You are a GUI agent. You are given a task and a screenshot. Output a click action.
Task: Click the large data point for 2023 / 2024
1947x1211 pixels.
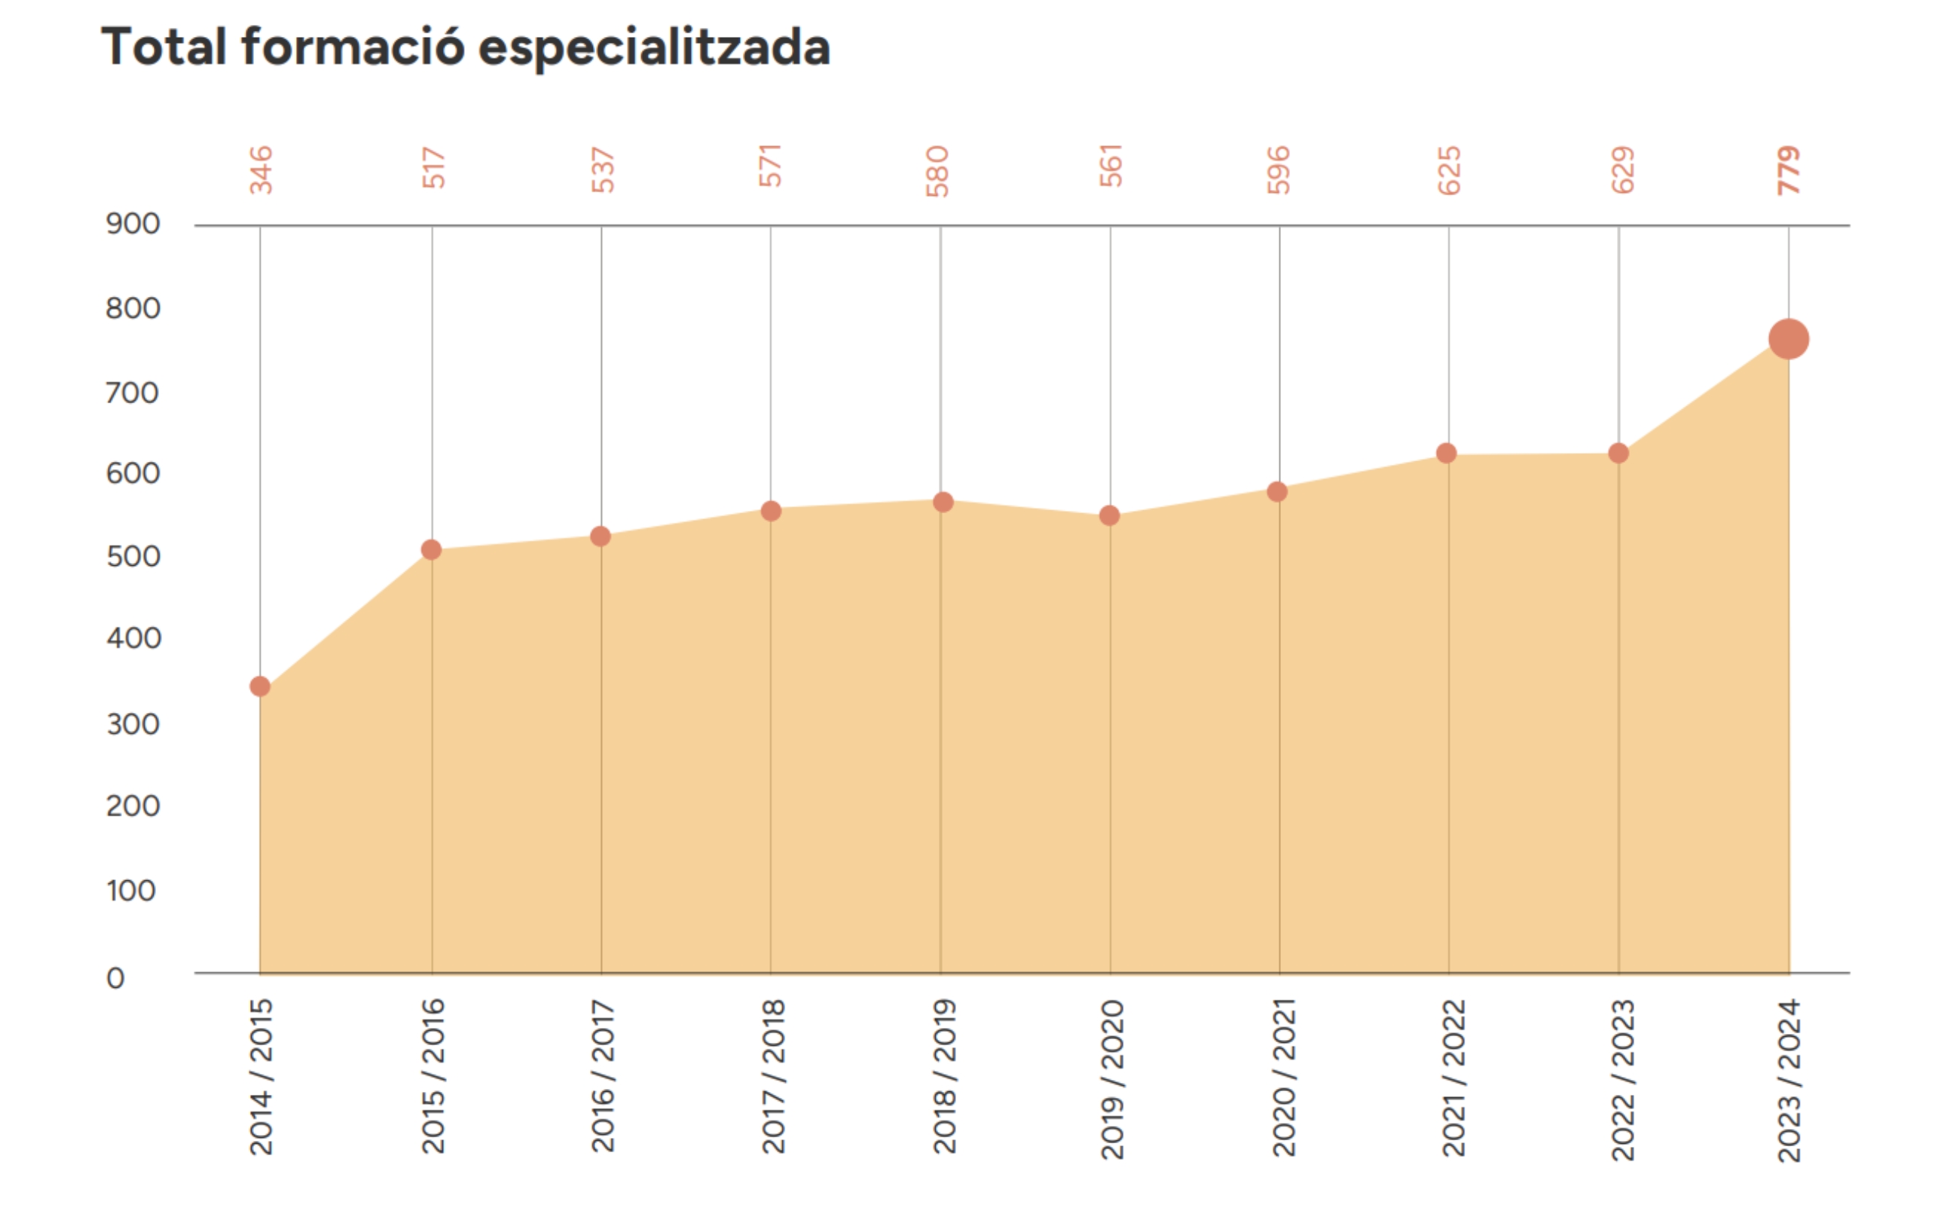[1789, 339]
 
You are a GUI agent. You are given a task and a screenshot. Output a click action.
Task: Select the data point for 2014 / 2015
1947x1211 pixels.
[259, 687]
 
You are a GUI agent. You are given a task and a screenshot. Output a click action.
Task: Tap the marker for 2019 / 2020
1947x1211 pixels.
[1109, 515]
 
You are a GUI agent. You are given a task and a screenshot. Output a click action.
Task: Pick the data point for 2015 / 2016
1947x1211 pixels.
[431, 549]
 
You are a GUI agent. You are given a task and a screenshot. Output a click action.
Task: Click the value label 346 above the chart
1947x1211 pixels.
[261, 170]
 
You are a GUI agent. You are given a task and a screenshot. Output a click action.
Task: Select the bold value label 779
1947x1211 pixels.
[1788, 170]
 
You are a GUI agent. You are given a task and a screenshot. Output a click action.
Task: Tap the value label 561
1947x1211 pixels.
[1111, 166]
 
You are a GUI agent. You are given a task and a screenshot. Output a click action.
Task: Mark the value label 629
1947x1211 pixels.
[1622, 170]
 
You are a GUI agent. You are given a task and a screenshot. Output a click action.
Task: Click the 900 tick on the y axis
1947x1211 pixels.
[133, 224]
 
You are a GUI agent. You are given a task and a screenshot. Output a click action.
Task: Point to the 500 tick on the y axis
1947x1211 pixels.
[133, 557]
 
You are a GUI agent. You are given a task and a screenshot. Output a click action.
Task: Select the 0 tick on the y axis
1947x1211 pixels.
[116, 978]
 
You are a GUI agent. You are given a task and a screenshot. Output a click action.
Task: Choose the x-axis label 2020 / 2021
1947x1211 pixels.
[1282, 1078]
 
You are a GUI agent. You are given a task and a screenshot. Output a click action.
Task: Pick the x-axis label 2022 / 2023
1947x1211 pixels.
[1622, 1080]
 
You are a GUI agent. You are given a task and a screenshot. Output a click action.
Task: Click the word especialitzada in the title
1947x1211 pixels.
[653, 47]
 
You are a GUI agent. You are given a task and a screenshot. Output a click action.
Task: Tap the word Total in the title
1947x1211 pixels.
[164, 46]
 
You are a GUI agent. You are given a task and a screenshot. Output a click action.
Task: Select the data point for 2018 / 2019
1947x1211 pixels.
[943, 502]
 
